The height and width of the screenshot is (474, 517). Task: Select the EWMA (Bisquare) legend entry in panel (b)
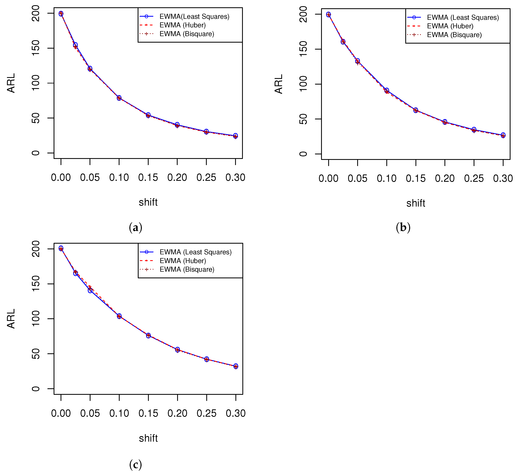(454, 35)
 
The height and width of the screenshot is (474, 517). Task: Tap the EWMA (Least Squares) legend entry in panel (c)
(195, 252)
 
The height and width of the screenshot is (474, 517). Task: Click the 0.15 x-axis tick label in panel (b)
(415, 179)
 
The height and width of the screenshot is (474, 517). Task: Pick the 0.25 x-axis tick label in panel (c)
(206, 413)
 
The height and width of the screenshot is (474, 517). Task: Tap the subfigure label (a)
(135, 227)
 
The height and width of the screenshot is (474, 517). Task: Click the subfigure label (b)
(403, 227)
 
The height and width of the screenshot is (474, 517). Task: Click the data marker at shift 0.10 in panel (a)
(119, 98)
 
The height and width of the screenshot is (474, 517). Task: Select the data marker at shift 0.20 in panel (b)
(445, 122)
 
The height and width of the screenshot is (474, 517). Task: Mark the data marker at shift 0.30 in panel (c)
(236, 366)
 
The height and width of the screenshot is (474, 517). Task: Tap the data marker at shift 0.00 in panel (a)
(61, 14)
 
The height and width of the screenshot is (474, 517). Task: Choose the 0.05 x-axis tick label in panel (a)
(90, 178)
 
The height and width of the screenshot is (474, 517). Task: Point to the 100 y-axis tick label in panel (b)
(303, 84)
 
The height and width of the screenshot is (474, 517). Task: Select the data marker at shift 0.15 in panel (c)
(148, 335)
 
